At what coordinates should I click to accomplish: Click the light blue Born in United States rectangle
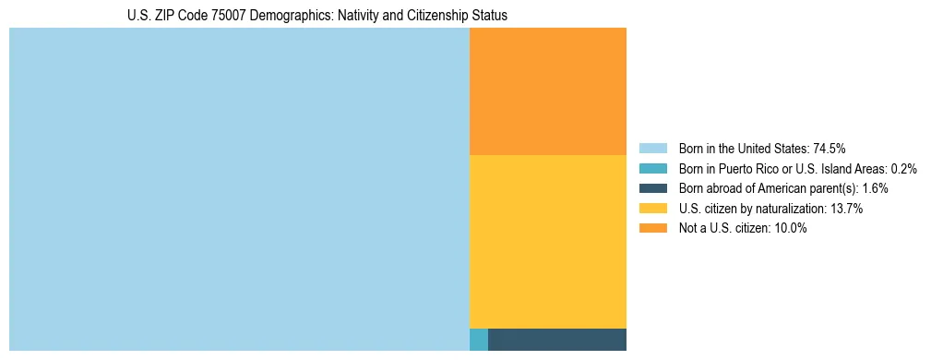pyautogui.click(x=239, y=189)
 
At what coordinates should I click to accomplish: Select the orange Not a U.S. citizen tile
pyautogui.click(x=547, y=91)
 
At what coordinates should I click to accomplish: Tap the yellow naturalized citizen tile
pyautogui.click(x=547, y=241)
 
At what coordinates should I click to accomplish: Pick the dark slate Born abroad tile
pyautogui.click(x=556, y=339)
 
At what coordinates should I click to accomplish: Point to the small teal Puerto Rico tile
pyautogui.click(x=478, y=339)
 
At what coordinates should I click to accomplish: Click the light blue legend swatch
pyautogui.click(x=652, y=149)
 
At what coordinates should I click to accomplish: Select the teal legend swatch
pyautogui.click(x=652, y=169)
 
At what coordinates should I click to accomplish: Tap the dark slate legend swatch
pyautogui.click(x=652, y=188)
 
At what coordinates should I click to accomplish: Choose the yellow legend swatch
pyautogui.click(x=652, y=209)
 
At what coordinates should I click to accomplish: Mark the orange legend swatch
pyautogui.click(x=652, y=229)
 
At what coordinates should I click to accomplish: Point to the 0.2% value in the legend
pyautogui.click(x=904, y=169)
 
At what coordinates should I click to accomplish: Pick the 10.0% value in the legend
pyautogui.click(x=791, y=229)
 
